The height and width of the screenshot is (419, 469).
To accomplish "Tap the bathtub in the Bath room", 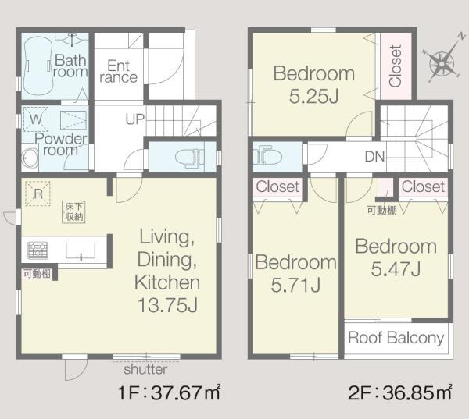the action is click(38, 66).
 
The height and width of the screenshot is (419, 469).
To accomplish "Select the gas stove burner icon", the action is click(38, 250).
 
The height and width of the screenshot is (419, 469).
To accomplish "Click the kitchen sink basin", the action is click(81, 250).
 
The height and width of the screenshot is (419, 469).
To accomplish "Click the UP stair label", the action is click(135, 119).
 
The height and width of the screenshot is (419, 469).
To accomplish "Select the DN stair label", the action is click(374, 156).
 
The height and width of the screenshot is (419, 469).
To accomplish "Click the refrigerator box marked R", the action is click(38, 194).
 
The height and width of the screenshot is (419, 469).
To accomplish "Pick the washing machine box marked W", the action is click(36, 119).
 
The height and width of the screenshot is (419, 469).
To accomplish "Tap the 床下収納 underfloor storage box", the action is click(73, 211).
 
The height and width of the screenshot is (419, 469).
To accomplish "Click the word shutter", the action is click(145, 369).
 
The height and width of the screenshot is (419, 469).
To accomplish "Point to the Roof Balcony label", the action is click(396, 338).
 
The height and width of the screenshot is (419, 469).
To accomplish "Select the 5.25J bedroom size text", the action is click(313, 96).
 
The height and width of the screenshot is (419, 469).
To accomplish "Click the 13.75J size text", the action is click(167, 305).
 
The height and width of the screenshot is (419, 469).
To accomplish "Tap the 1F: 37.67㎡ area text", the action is click(170, 392).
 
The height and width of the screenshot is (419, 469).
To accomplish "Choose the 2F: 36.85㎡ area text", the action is click(400, 392).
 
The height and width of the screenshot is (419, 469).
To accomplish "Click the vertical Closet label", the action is click(395, 66).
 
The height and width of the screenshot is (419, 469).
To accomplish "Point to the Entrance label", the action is click(119, 72).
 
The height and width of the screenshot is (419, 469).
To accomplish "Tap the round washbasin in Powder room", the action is click(30, 158).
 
